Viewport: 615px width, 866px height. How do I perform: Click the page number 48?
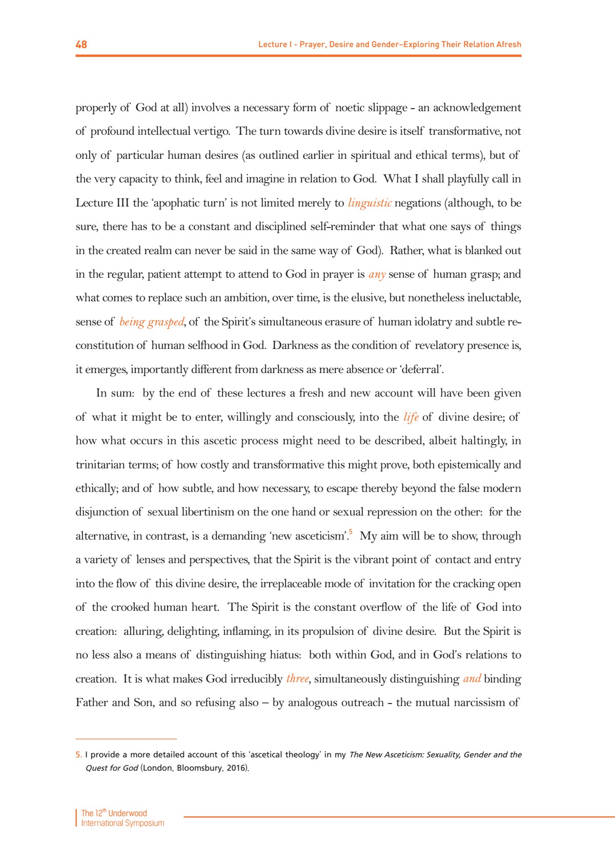[x=81, y=45]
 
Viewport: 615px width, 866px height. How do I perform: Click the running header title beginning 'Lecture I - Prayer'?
[x=389, y=45]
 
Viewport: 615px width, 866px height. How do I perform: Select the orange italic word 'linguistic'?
[x=370, y=203]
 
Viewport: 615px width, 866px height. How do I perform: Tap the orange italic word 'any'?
[x=377, y=274]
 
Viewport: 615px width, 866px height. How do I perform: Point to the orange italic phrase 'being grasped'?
[x=152, y=322]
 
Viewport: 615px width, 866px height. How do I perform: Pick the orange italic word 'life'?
[x=411, y=417]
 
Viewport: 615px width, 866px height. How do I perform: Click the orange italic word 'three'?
[x=298, y=679]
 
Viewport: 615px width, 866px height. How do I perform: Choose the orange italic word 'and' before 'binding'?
[x=471, y=679]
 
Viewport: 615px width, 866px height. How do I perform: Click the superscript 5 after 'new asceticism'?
[x=351, y=532]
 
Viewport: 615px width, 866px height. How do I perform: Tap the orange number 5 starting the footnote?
[x=78, y=755]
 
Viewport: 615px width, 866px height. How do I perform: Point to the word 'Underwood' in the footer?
[x=128, y=813]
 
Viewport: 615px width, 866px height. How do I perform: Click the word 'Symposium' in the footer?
[x=145, y=823]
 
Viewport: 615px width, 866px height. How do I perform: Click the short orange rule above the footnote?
[x=126, y=739]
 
